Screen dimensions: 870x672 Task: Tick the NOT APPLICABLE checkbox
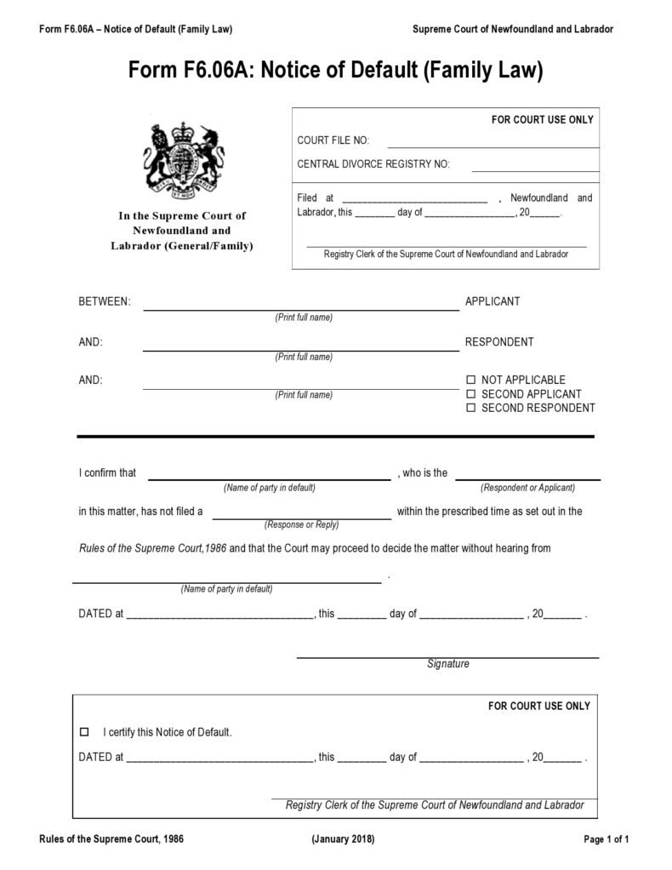470,380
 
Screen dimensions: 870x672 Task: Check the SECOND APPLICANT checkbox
470,394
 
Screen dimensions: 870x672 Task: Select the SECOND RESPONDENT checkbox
470,409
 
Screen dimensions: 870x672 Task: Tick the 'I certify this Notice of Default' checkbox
83,732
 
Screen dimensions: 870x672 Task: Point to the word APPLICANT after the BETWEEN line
492,301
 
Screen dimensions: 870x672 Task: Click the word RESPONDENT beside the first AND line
499,342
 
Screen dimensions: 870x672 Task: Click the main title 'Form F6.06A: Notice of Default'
335,71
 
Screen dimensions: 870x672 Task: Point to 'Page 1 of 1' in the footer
606,839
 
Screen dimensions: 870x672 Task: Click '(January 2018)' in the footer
343,839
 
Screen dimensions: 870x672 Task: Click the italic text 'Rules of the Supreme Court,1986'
151,549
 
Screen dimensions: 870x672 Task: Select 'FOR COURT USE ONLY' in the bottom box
538,706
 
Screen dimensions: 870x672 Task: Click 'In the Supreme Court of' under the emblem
181,216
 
